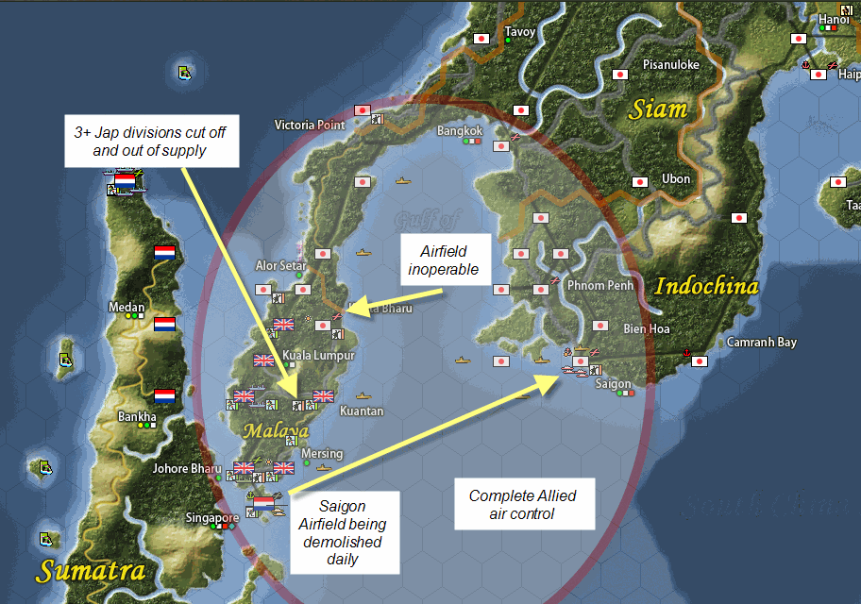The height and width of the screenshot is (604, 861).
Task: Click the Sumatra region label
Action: pyautogui.click(x=92, y=570)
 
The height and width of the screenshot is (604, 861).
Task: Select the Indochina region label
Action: pyautogui.click(x=707, y=286)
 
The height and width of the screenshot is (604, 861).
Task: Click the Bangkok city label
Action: pyautogui.click(x=460, y=130)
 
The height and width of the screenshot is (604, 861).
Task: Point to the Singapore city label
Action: pyautogui.click(x=211, y=518)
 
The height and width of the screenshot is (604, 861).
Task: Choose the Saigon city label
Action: pyautogui.click(x=613, y=384)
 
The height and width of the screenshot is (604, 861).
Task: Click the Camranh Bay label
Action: pyautogui.click(x=761, y=343)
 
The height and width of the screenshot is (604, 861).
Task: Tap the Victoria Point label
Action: pyautogui.click(x=310, y=125)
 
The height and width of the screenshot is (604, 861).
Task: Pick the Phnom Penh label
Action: pyautogui.click(x=599, y=285)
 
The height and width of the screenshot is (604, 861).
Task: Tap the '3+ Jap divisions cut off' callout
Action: pyautogui.click(x=150, y=141)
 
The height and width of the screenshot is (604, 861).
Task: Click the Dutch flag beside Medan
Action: pyautogui.click(x=164, y=325)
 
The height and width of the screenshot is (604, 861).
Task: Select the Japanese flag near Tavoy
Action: pyautogui.click(x=481, y=39)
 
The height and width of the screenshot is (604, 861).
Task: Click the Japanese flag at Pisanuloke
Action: pyautogui.click(x=621, y=75)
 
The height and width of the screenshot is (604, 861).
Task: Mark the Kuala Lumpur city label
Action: pyautogui.click(x=318, y=355)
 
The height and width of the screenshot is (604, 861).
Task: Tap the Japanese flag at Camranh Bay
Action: pyautogui.click(x=700, y=361)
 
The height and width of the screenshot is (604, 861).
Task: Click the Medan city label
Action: pyautogui.click(x=127, y=308)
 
